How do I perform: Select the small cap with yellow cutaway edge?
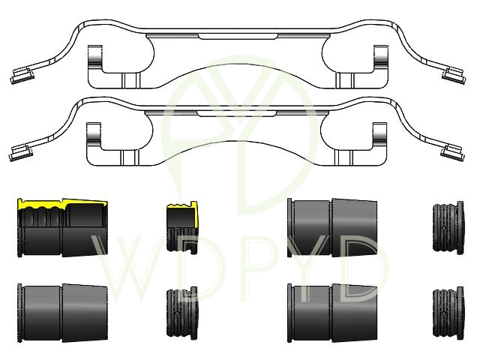(182, 226)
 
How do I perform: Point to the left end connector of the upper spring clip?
(22, 76)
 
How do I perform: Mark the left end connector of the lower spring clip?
(21, 153)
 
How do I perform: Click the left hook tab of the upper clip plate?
(95, 58)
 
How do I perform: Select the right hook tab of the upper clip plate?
(381, 58)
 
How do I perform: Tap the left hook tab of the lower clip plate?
(94, 135)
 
